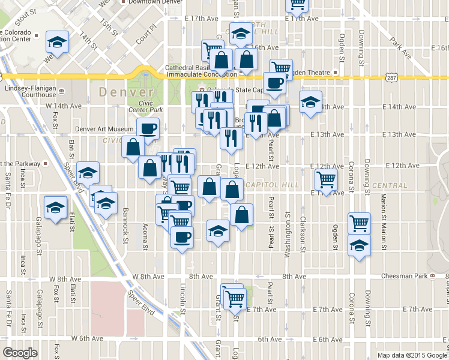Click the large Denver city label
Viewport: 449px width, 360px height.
pyautogui.click(x=126, y=92)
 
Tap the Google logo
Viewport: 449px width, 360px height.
pyautogui.click(x=20, y=353)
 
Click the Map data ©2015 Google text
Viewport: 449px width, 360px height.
pyautogui.click(x=411, y=355)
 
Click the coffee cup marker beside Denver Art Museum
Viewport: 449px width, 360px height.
pyautogui.click(x=148, y=128)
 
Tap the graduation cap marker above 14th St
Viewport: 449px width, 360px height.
pyautogui.click(x=58, y=41)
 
